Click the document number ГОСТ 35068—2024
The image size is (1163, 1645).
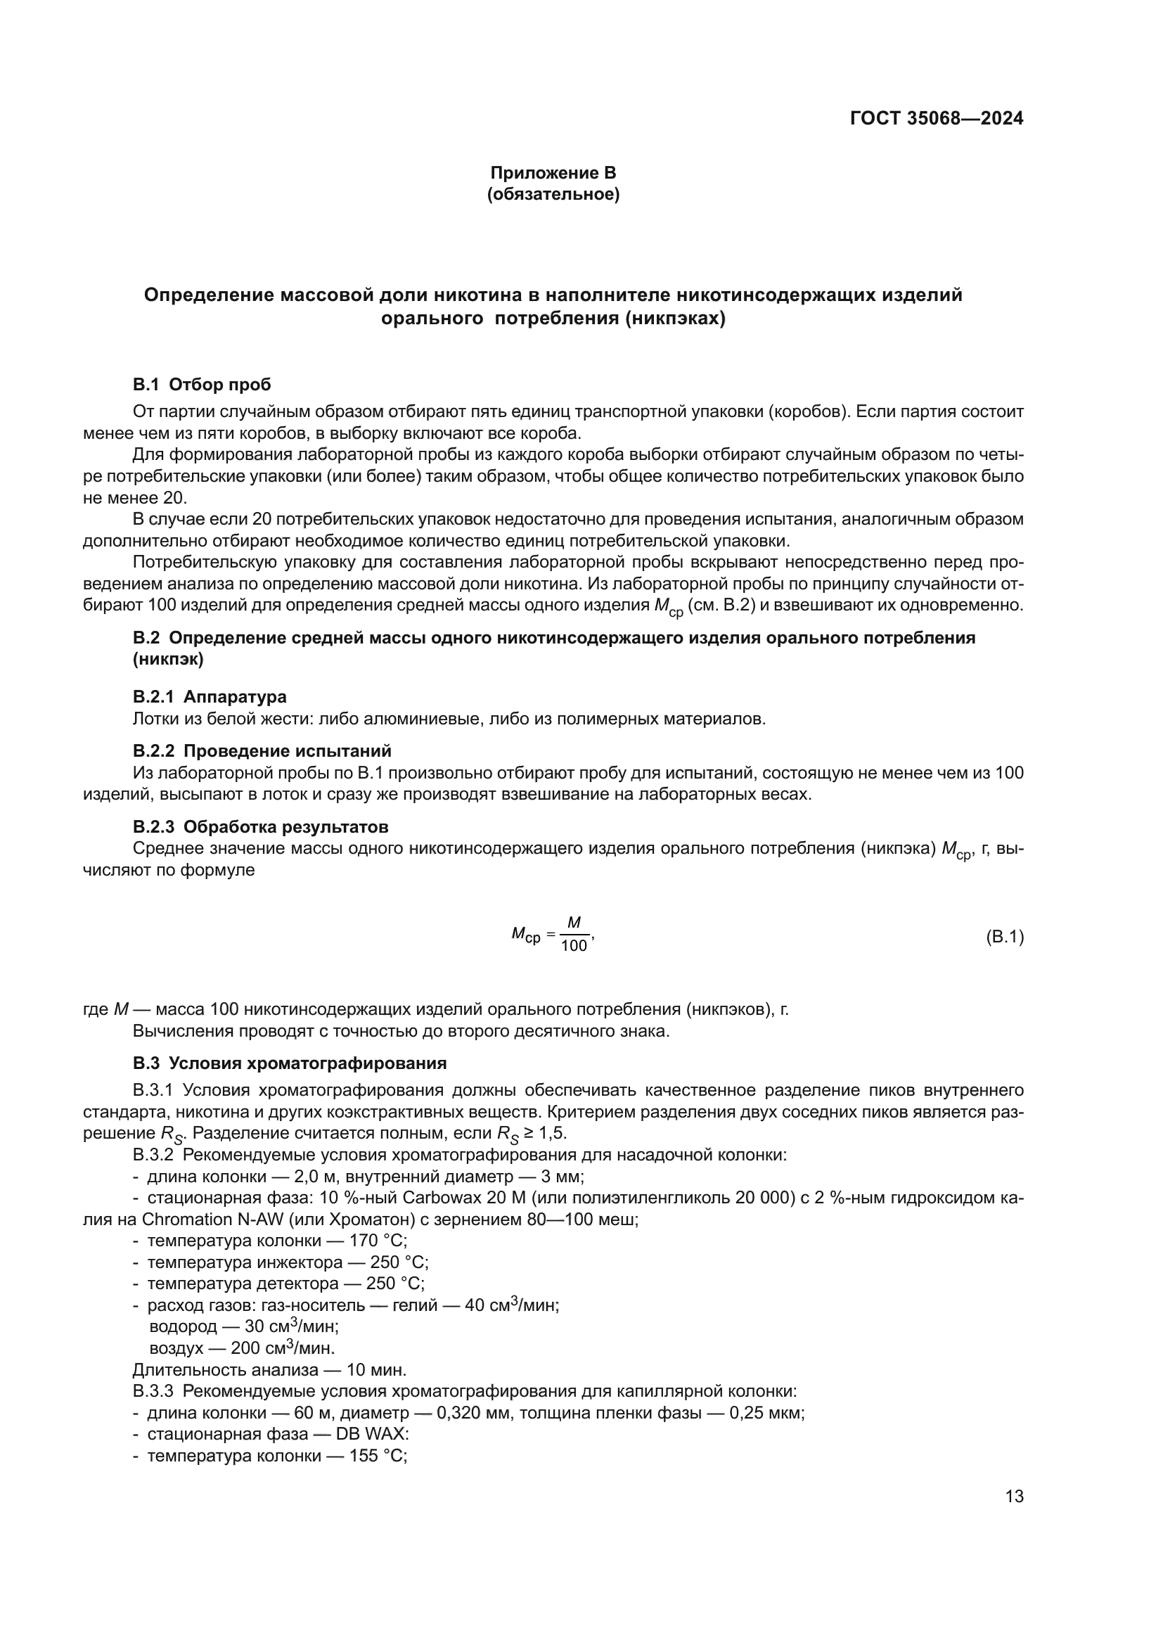point(936,118)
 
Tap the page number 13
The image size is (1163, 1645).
point(1014,1497)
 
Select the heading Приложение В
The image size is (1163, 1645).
point(553,173)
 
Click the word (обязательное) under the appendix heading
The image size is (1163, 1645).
point(553,194)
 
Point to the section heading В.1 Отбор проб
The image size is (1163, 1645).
point(202,385)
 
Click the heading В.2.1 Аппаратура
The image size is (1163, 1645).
point(209,696)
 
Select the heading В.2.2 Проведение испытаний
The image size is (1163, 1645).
point(262,751)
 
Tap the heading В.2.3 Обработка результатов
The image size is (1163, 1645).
point(261,827)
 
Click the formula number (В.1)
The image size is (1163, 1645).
point(1005,936)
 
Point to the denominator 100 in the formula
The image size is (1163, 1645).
point(574,947)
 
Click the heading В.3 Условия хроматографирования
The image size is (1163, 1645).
point(289,1063)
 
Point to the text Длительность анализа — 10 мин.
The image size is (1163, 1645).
point(269,1370)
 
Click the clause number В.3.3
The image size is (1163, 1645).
point(153,1391)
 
